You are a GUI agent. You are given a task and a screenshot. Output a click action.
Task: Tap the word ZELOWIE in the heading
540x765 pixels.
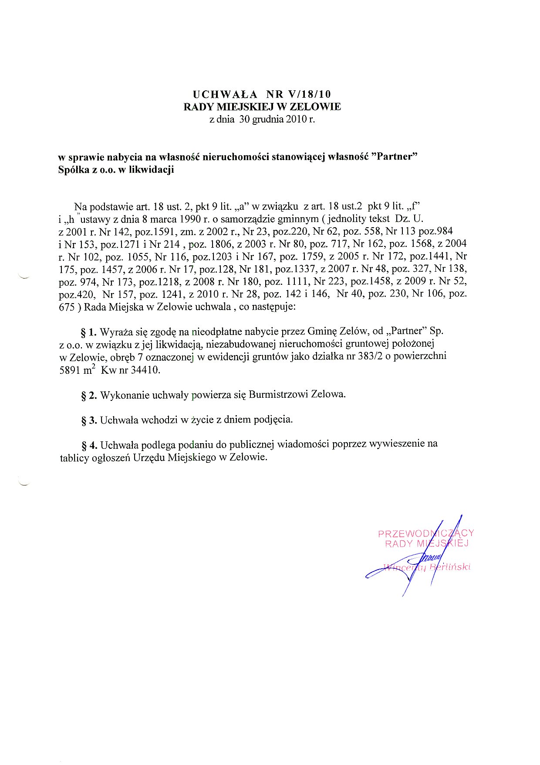tap(316, 107)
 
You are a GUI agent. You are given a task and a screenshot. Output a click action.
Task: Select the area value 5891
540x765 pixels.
tap(70, 370)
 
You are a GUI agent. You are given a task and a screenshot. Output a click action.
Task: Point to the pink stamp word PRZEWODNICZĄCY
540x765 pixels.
tap(425, 533)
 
